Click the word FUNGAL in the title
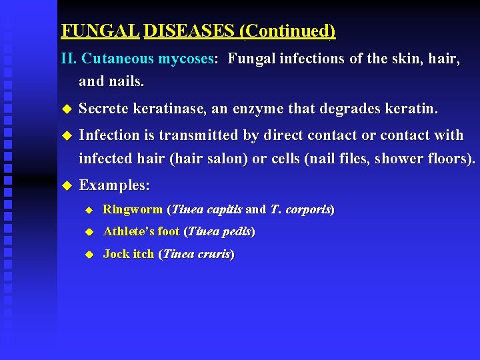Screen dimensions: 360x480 pos(99,31)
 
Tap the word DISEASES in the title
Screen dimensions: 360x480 pos(189,31)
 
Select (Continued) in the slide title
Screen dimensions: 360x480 pos(287,31)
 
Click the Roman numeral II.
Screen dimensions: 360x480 pos(69,59)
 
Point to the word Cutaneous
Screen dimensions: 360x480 pos(118,59)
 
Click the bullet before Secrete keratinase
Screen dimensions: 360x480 pos(65,109)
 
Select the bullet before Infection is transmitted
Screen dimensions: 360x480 pos(65,135)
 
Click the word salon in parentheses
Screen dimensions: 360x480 pos(221,159)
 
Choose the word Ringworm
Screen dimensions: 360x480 pos(133,209)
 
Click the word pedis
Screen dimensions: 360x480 pos(237,231)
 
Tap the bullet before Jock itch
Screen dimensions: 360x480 pos(87,255)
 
